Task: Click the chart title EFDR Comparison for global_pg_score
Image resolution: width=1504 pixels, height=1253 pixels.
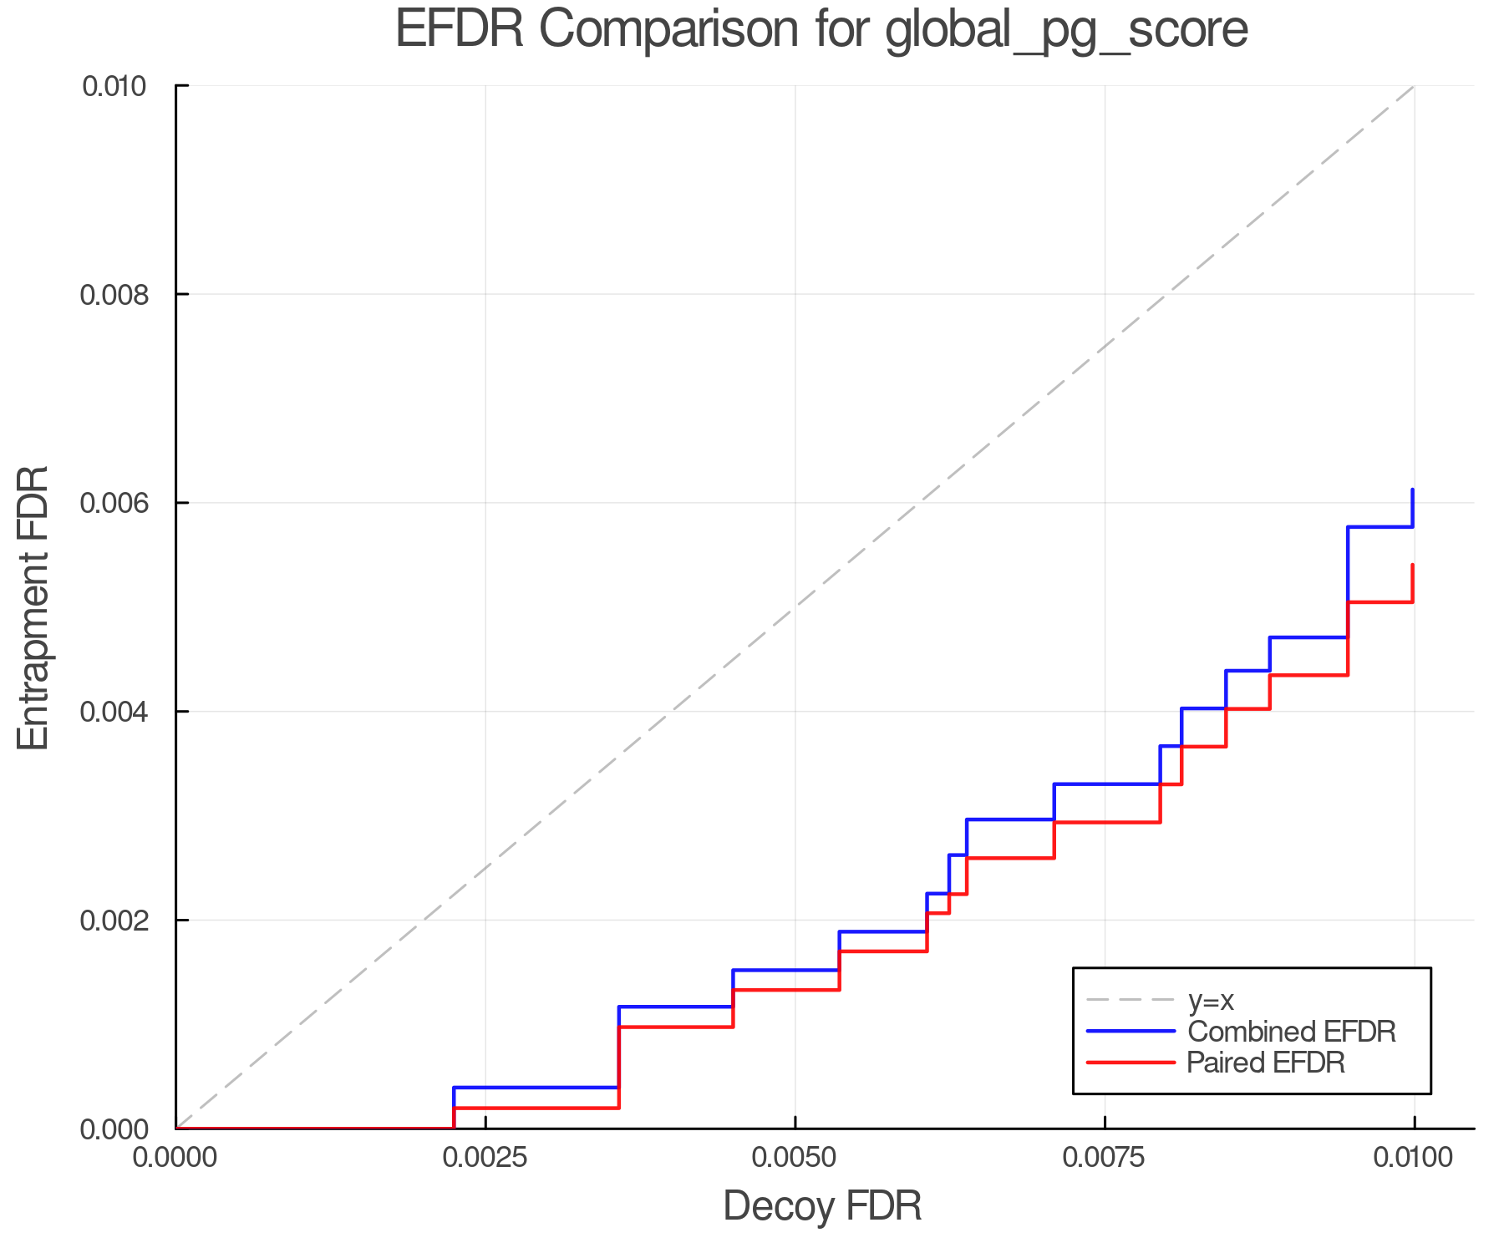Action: pos(821,30)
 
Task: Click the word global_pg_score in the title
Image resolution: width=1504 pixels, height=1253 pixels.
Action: pos(1066,30)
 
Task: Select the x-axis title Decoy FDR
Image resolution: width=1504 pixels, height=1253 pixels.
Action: pos(822,1206)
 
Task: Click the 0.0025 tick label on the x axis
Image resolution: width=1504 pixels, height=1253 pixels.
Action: pos(485,1158)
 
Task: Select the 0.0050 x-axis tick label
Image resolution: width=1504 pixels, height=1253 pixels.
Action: pos(795,1158)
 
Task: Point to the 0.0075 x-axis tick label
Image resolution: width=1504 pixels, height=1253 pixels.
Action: pos(1105,1158)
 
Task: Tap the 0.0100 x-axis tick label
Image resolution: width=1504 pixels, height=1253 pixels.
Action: pos(1413,1158)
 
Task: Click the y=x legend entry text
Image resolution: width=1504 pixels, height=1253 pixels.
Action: pos(1211,1000)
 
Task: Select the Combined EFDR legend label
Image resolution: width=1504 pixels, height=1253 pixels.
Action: pos(1291,1032)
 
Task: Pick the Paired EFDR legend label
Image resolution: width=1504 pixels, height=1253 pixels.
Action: pos(1266,1063)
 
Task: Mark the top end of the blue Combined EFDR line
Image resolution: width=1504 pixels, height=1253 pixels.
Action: pos(1412,490)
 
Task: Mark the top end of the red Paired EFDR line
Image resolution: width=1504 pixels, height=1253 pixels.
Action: pos(1412,566)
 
